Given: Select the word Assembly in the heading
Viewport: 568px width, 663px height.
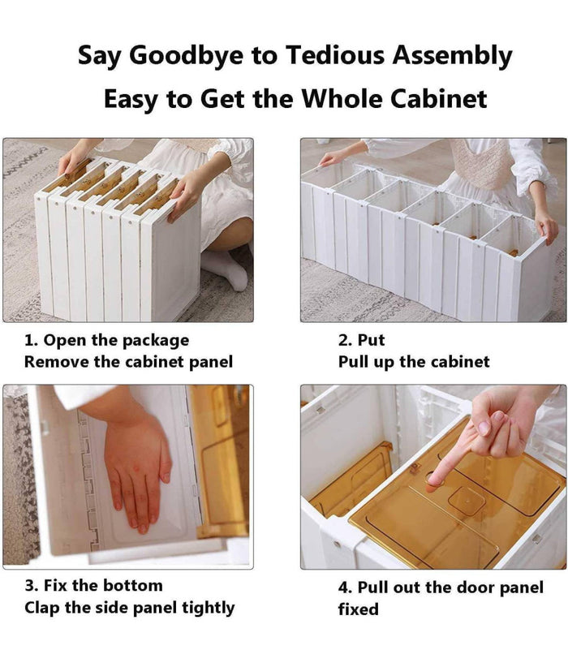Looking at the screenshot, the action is coord(452,56).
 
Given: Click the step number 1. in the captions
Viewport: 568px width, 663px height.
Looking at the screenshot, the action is coord(31,340).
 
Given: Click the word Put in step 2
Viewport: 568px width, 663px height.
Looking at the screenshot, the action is coord(371,340).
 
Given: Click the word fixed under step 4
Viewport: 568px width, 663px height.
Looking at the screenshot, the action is coord(358,609).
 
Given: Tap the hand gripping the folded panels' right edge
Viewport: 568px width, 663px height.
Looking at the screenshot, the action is coord(187,195).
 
